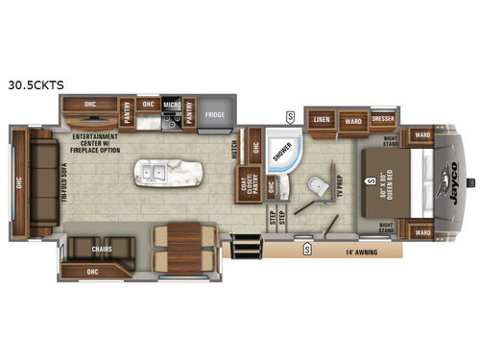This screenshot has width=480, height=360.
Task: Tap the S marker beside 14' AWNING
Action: [x=306, y=249]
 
